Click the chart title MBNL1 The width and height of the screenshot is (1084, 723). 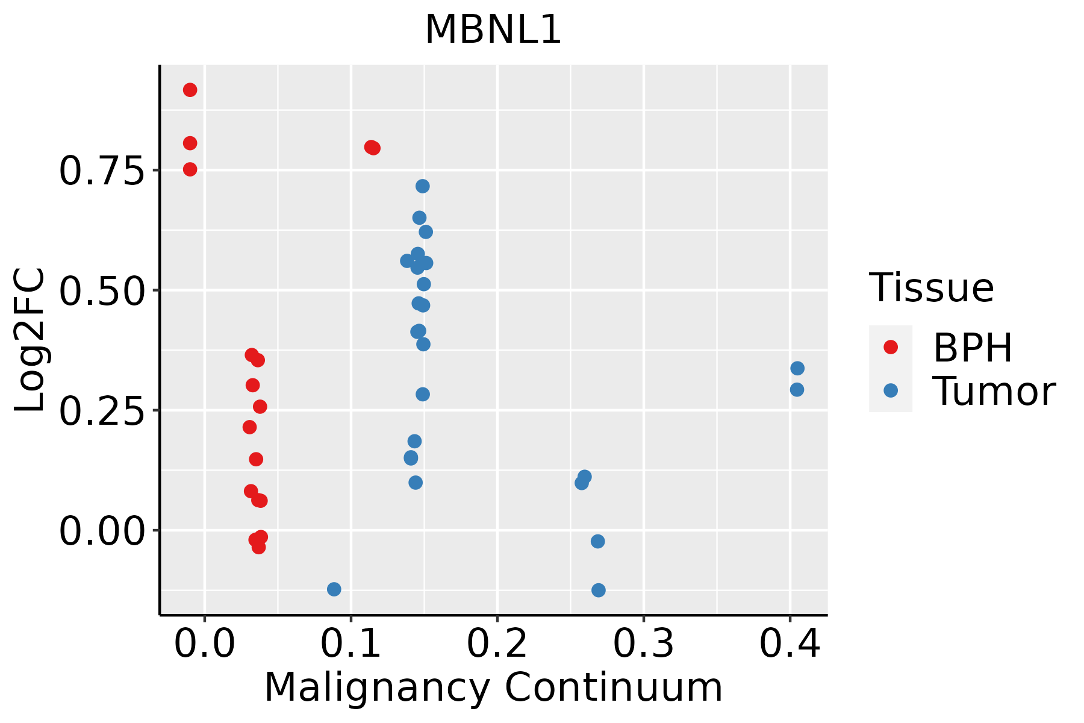click(493, 30)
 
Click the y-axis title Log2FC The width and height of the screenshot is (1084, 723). click(30, 340)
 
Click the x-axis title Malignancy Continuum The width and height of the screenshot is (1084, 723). click(493, 687)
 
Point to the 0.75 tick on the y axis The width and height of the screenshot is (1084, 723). click(102, 171)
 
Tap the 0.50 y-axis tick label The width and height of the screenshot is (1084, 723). click(102, 291)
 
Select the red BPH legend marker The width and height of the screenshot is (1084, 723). click(890, 347)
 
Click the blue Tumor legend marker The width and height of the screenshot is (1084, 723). click(890, 390)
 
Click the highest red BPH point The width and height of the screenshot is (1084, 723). click(190, 90)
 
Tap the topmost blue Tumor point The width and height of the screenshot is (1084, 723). click(423, 186)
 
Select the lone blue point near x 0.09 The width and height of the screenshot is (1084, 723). click(334, 589)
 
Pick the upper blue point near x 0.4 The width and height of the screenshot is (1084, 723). click(797, 368)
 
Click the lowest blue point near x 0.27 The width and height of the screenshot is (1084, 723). click(598, 590)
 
